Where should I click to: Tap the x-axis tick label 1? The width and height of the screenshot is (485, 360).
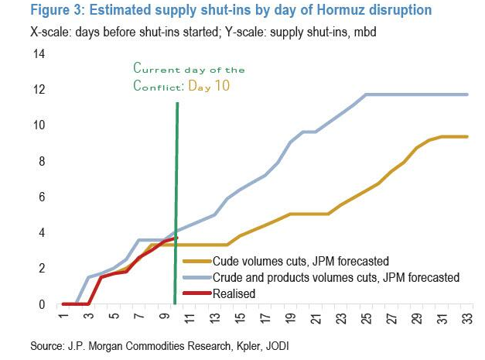coord(63,319)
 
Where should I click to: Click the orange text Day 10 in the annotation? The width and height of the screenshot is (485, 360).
coord(210,84)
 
